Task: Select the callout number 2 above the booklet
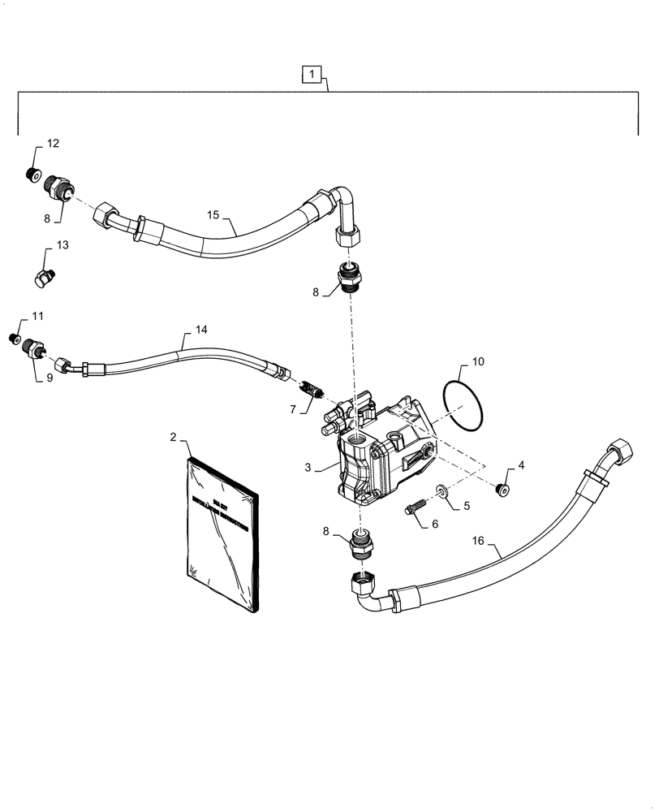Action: click(174, 438)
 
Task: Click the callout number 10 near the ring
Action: click(477, 360)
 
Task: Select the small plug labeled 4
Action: click(502, 487)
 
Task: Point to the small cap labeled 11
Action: click(13, 338)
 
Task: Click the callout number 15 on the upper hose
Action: click(213, 214)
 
